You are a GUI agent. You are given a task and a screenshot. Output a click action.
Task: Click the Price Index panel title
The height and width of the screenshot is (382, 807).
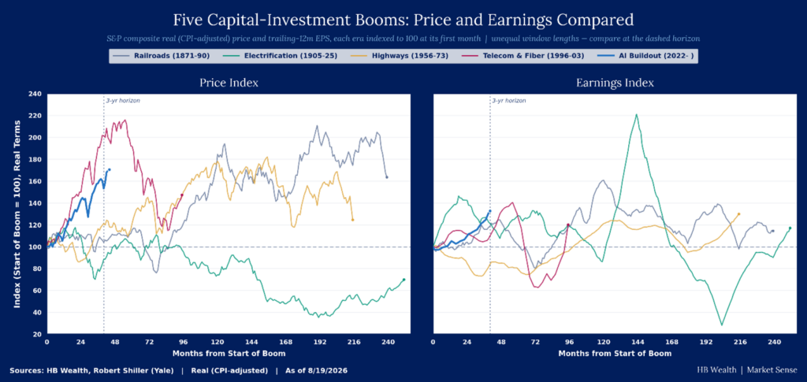(229, 83)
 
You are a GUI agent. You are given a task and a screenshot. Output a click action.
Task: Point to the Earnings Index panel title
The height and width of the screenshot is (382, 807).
(615, 83)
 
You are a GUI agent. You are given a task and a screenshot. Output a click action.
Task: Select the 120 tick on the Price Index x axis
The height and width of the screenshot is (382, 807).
(218, 342)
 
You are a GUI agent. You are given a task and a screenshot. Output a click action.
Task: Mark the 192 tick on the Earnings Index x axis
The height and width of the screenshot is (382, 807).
(705, 342)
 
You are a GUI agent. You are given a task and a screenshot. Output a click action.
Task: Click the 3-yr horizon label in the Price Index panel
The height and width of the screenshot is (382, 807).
(123, 101)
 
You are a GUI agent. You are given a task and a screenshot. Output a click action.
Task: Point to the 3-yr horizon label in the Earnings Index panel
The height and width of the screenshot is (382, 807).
(509, 101)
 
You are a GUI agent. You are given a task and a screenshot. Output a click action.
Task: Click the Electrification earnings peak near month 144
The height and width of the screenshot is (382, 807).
(637, 114)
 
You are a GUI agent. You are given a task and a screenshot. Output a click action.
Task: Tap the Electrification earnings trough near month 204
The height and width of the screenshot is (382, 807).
(722, 325)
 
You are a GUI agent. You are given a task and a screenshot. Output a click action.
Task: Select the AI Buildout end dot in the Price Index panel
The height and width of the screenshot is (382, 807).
(109, 169)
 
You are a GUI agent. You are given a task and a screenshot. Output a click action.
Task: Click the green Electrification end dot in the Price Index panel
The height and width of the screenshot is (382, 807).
(404, 280)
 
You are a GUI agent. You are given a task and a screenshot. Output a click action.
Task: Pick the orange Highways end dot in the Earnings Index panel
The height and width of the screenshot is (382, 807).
(739, 214)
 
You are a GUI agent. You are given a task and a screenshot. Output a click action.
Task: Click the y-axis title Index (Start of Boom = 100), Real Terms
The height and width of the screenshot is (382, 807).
(17, 214)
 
